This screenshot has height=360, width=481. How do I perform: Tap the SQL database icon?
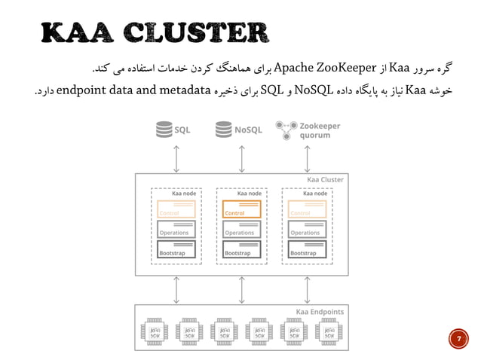[163, 130]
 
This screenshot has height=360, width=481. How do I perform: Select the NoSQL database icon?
[222, 130]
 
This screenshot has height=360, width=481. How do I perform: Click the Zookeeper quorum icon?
[285, 130]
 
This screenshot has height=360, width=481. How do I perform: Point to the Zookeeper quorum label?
[320, 130]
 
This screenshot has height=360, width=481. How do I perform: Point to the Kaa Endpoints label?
[320, 311]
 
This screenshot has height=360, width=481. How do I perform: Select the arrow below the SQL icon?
[176, 157]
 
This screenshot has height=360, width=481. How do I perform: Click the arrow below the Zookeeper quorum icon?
[307, 157]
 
